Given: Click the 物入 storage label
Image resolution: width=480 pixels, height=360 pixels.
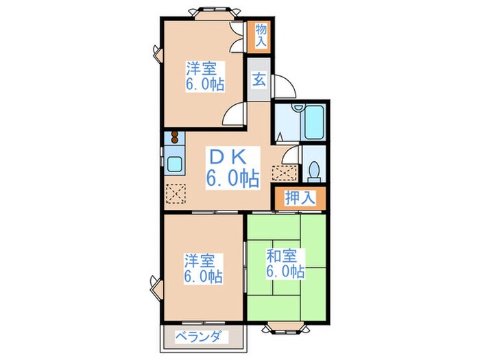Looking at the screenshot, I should pos(261,34).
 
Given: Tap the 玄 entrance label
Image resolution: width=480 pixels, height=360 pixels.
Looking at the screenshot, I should pos(260,80).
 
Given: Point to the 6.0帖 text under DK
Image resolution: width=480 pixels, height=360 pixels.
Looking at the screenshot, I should pos(233,179).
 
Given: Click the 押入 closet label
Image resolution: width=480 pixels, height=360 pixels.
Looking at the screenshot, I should pos(300,198).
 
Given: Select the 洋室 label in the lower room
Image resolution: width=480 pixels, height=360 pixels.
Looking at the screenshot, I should pos(199,261).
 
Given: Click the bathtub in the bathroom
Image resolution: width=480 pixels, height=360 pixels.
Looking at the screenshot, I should pos(314,122).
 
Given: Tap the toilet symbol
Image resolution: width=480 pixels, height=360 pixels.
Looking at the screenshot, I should pos(314,167).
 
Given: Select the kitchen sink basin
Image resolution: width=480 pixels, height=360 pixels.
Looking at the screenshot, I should pos(174,165).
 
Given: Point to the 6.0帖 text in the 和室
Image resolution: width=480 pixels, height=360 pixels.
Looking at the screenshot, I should pos(285,272).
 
